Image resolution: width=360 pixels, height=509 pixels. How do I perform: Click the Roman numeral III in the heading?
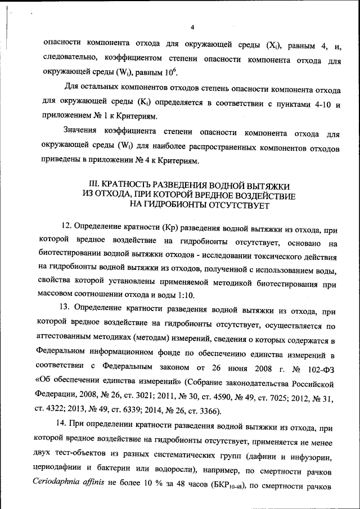95,184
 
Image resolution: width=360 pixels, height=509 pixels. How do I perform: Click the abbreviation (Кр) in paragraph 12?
170,230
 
